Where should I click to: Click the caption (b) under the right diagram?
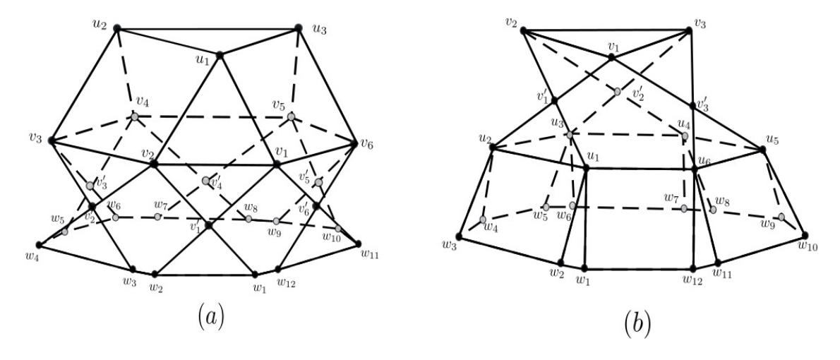637,323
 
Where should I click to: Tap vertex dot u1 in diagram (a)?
219,55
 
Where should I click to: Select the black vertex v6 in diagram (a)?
354,143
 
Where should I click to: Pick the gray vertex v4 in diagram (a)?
135,116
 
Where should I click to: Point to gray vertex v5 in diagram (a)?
291,116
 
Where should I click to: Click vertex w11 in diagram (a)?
359,244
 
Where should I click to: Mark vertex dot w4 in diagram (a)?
40,245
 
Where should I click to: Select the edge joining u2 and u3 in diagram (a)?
208,28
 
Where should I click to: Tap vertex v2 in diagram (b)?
523,30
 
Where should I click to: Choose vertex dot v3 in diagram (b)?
690,30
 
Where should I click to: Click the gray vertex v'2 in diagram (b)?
618,92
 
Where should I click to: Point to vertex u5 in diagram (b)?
763,150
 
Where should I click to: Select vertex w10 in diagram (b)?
805,235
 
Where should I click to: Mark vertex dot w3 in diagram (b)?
459,236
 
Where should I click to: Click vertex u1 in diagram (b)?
586,168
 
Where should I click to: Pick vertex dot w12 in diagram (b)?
692,268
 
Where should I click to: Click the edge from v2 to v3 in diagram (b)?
606,30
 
